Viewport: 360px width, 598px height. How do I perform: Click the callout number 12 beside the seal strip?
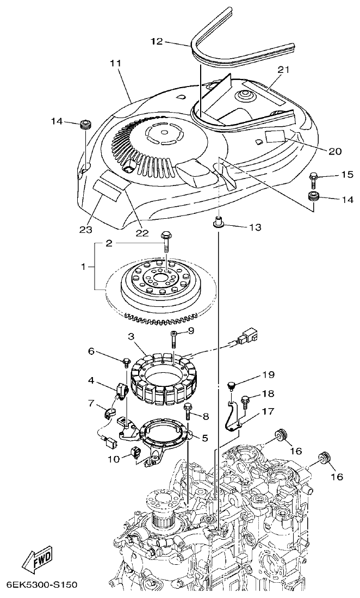(x=157, y=41)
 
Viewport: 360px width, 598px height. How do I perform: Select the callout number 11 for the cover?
(x=115, y=63)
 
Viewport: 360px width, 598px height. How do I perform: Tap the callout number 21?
(x=284, y=70)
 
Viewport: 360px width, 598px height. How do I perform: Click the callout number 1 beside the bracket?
(x=84, y=267)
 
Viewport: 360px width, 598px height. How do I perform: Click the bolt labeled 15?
(x=314, y=177)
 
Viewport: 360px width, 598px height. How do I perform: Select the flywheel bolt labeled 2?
(x=165, y=240)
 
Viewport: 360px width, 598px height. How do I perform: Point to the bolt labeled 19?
(x=231, y=386)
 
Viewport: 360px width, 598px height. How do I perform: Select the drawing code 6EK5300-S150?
(x=41, y=585)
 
